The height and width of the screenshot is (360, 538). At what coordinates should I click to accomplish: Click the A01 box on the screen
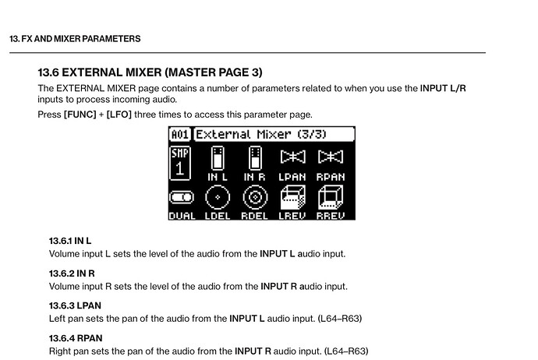click(x=180, y=134)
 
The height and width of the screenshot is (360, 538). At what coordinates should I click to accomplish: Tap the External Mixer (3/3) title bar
click(x=274, y=134)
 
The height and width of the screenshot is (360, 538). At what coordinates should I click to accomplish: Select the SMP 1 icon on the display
click(x=180, y=163)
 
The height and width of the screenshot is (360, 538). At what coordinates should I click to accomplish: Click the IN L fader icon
click(x=218, y=158)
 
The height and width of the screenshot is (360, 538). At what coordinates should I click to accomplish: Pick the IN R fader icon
click(x=255, y=158)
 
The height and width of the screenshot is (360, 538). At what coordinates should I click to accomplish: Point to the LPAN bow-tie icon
click(x=292, y=157)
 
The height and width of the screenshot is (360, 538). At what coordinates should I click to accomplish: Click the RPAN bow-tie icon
click(x=330, y=157)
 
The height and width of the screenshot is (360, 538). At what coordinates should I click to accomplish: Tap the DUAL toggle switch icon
click(x=182, y=197)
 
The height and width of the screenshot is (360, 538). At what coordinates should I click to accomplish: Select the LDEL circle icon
click(x=218, y=197)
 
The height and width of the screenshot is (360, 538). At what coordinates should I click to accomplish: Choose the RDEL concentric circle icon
click(x=255, y=197)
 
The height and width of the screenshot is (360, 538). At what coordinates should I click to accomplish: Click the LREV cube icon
click(x=292, y=197)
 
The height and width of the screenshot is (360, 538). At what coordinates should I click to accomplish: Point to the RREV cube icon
click(x=331, y=197)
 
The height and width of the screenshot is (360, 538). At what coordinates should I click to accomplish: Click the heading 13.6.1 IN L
click(x=70, y=241)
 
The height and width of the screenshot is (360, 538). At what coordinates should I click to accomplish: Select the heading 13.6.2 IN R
click(x=72, y=274)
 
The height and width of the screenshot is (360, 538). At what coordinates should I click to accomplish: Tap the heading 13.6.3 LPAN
click(x=75, y=305)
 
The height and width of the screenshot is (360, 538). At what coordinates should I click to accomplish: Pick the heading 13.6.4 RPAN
click(x=76, y=338)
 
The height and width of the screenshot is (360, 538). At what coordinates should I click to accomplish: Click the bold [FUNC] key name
click(x=80, y=115)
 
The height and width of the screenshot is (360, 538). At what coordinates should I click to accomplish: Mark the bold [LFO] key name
click(x=119, y=115)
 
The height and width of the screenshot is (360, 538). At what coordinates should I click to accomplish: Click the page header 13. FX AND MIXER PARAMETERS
click(x=75, y=39)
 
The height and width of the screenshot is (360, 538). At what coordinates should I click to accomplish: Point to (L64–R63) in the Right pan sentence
click(x=346, y=351)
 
